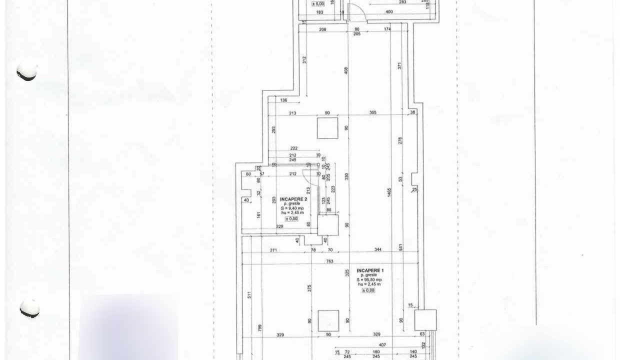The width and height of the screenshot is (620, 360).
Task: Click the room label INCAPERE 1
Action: click(x=370, y=270)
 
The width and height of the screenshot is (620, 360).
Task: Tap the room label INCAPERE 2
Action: click(x=293, y=199)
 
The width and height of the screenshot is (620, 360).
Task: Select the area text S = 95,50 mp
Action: click(x=370, y=279)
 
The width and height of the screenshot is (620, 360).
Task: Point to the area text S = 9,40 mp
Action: click(x=293, y=208)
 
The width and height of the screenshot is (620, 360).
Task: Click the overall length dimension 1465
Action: click(x=389, y=192)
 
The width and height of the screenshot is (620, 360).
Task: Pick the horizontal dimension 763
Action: click(x=329, y=261)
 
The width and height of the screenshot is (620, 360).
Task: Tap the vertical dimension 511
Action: click(x=249, y=295)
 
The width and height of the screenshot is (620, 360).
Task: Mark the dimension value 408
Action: click(x=346, y=71)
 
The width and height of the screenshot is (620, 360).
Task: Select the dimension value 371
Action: click(x=400, y=65)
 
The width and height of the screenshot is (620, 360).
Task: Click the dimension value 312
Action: click(x=304, y=60)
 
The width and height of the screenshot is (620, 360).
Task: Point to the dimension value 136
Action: click(x=284, y=100)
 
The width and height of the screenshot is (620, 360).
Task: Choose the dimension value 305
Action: click(x=373, y=113)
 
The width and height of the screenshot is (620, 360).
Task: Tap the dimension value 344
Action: click(x=377, y=249)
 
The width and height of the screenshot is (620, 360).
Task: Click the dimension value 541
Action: click(x=400, y=247)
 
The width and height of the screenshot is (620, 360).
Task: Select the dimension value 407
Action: click(x=382, y=344)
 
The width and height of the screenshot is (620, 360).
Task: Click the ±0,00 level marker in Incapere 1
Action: click(x=368, y=290)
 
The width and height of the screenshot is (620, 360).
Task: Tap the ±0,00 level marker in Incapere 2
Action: click(x=291, y=218)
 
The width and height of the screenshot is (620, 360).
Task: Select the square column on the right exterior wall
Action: click(x=425, y=320)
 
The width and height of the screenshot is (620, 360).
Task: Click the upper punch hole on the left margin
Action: click(x=27, y=71)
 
